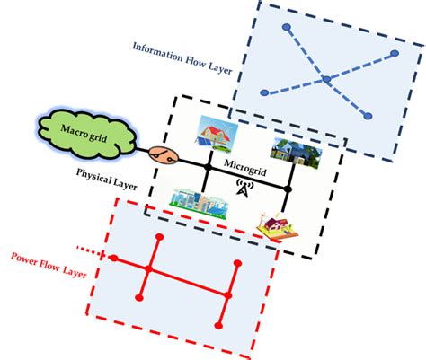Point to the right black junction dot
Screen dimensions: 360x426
(289, 189)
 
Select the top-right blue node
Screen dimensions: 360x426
(395, 54)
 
